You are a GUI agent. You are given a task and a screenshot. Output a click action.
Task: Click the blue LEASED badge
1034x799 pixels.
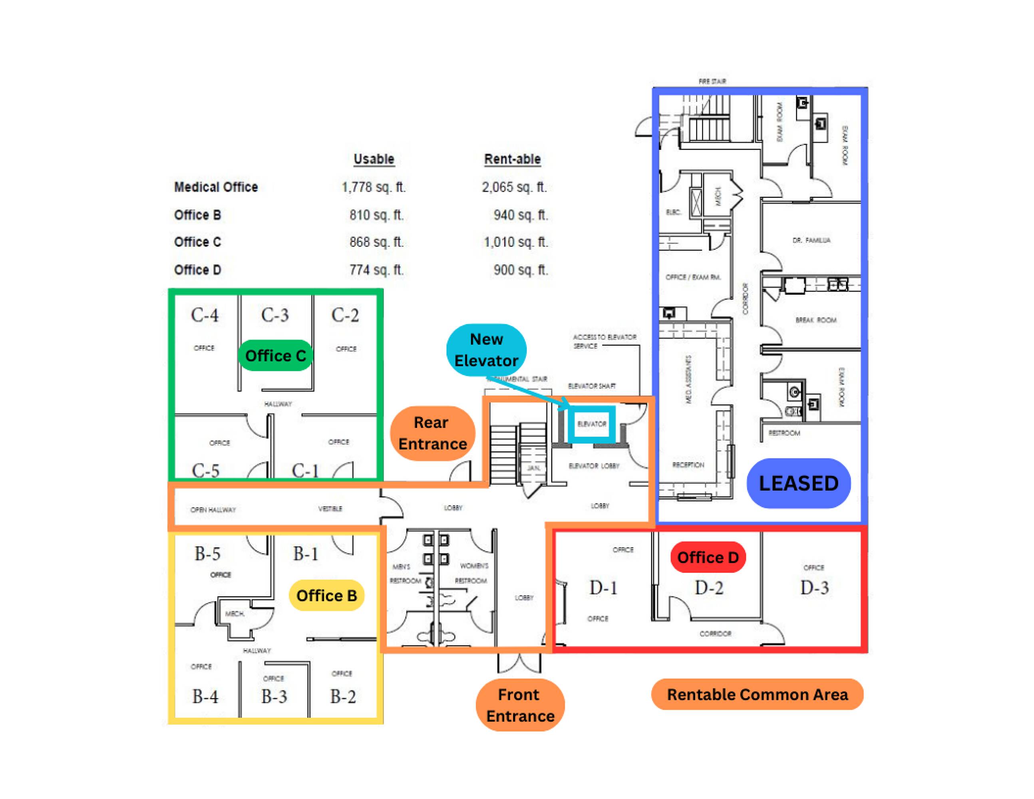[798, 483]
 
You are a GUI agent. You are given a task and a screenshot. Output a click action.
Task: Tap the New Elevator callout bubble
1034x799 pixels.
[486, 350]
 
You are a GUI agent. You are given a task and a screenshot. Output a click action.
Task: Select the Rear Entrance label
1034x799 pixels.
[432, 433]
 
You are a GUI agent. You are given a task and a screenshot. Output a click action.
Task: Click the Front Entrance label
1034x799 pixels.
[520, 705]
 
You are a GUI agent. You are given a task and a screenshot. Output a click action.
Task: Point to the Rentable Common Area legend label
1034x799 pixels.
[757, 694]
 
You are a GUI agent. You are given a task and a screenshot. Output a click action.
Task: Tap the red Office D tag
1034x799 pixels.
[708, 557]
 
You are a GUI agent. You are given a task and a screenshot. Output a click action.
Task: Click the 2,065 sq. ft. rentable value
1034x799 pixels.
[514, 187]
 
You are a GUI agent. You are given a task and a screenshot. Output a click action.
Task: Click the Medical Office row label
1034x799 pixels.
[216, 187]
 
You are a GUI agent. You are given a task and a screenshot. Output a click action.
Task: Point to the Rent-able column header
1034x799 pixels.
[512, 159]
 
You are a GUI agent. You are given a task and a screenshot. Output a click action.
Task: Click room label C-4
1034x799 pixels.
[205, 315]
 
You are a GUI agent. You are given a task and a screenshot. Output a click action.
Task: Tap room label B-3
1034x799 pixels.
[274, 696]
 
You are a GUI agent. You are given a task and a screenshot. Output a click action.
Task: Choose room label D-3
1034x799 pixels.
[814, 587]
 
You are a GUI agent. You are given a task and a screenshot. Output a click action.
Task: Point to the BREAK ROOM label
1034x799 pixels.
[816, 320]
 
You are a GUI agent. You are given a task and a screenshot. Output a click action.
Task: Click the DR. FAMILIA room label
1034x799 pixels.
[811, 240]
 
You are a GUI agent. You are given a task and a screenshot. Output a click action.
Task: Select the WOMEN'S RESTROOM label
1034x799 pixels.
[473, 573]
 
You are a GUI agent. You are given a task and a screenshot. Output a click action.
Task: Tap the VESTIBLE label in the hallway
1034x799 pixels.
[330, 509]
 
